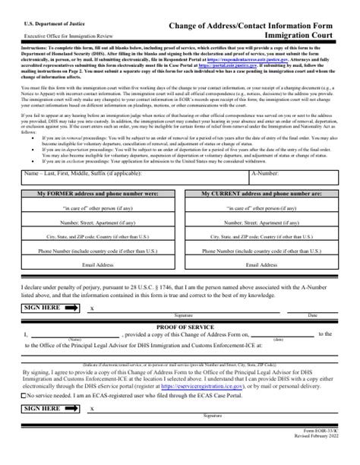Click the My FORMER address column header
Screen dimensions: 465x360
tap(98, 194)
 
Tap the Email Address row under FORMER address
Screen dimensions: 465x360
tap(98, 264)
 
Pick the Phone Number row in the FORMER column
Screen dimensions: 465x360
tap(98, 250)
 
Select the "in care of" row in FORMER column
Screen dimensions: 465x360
tap(98, 208)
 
